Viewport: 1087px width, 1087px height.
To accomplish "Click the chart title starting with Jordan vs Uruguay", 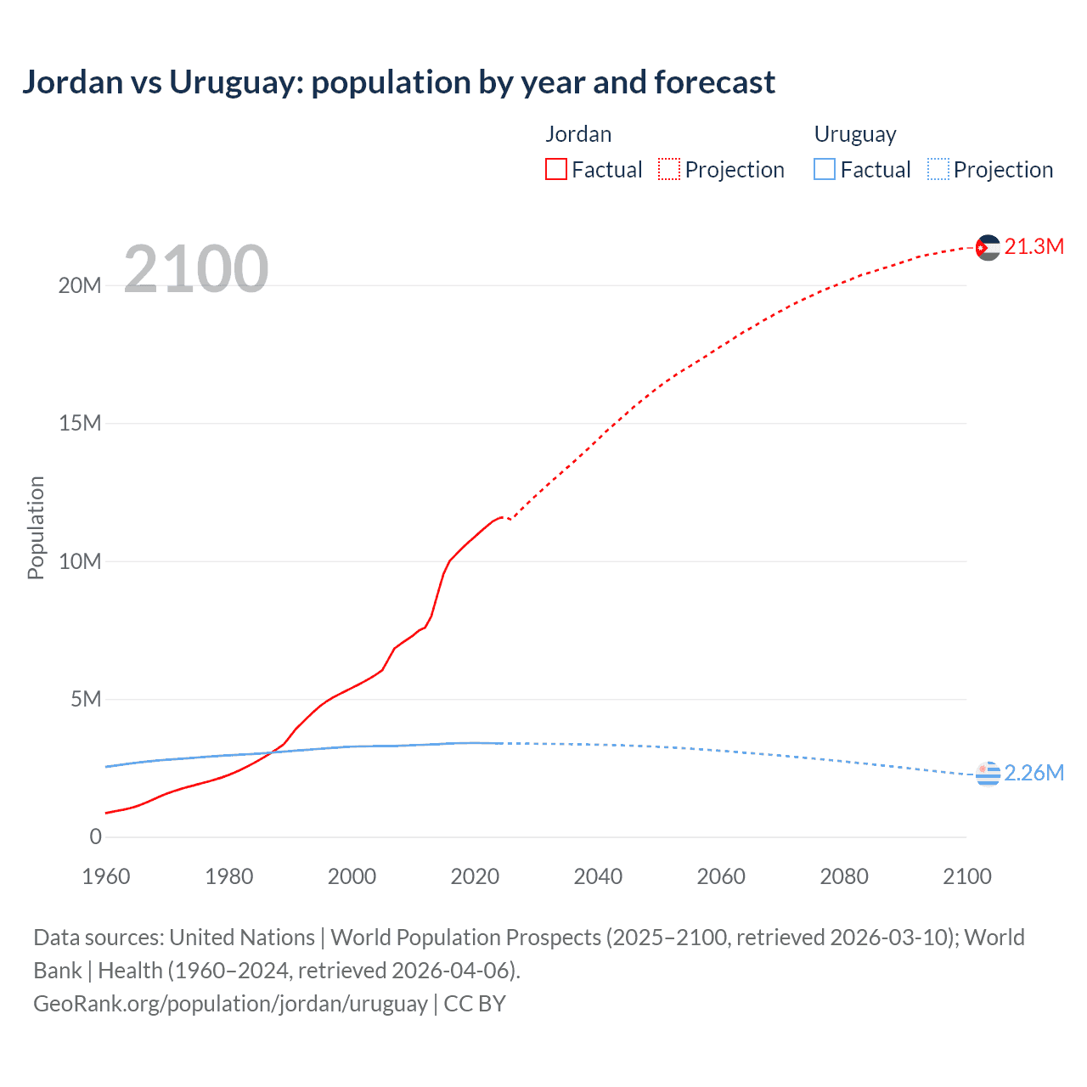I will pyautogui.click(x=398, y=82).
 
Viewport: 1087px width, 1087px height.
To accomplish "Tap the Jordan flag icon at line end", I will pyautogui.click(x=987, y=247).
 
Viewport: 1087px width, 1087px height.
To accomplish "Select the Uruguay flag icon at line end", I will pyautogui.click(x=987, y=774).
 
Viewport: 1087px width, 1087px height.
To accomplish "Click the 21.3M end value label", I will pyautogui.click(x=1033, y=246).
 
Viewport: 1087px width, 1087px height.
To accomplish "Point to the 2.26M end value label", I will pyautogui.click(x=1033, y=773).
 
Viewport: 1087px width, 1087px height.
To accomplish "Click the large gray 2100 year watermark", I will pyautogui.click(x=196, y=269).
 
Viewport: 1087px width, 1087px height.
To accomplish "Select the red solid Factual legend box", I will pyautogui.click(x=556, y=169).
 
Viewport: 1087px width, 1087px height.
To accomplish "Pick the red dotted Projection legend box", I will pyautogui.click(x=669, y=169).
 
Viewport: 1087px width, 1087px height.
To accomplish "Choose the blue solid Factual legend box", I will pyautogui.click(x=825, y=169).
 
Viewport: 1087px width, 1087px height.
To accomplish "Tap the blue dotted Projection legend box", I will pyautogui.click(x=938, y=169).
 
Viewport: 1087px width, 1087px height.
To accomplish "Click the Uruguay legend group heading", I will pyautogui.click(x=855, y=134).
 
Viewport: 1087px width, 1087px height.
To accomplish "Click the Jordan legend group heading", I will pyautogui.click(x=578, y=134).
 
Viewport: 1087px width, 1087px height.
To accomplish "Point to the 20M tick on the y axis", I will pyautogui.click(x=80, y=285).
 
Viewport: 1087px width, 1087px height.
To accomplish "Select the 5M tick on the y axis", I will pyautogui.click(x=86, y=699).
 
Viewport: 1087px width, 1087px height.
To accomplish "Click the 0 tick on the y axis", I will pyautogui.click(x=95, y=836).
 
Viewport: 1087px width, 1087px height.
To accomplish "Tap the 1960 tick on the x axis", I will pyautogui.click(x=106, y=876).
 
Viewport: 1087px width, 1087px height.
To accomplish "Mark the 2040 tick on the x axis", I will pyautogui.click(x=598, y=876).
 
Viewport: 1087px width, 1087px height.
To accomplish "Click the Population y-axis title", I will pyautogui.click(x=36, y=527).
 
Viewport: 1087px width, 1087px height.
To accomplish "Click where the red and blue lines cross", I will pyautogui.click(x=270, y=752).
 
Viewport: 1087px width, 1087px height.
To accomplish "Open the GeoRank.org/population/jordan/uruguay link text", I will pyautogui.click(x=230, y=1003).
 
